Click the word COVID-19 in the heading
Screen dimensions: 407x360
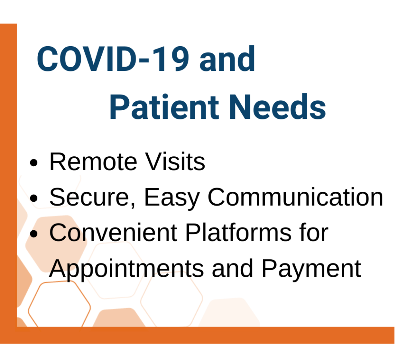coord(113,58)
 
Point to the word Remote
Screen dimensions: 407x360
coord(93,162)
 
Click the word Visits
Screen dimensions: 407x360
coord(175,161)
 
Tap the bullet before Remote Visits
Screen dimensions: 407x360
coord(34,163)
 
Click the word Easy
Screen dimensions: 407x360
coord(172,198)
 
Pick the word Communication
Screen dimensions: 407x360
coord(295,197)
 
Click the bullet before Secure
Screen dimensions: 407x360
coord(34,198)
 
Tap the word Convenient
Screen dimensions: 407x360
coord(113,232)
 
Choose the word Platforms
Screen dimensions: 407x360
coord(238,232)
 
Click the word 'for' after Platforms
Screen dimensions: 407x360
coord(314,232)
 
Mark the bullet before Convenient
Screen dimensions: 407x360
coord(34,234)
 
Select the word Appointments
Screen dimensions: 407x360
coord(126,269)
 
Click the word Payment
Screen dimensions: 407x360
coord(311,269)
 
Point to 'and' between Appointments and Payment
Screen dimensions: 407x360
coord(233,269)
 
